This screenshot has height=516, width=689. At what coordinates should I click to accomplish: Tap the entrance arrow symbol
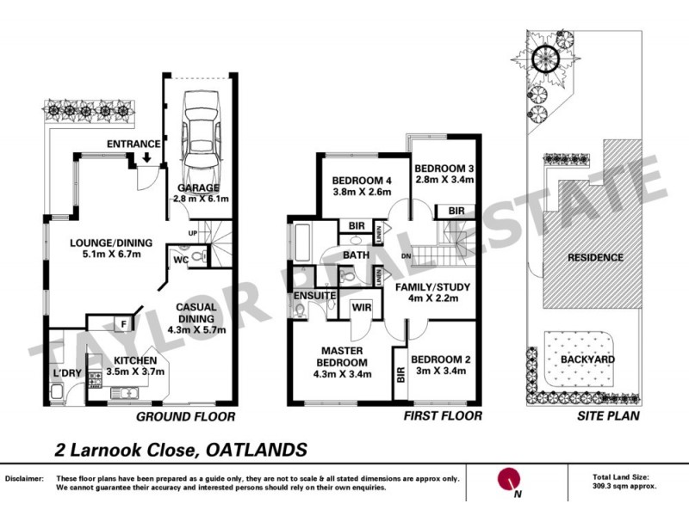tap(148, 158)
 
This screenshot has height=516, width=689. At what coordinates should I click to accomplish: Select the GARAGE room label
tap(198, 187)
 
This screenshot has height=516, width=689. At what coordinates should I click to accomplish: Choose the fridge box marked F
tap(125, 323)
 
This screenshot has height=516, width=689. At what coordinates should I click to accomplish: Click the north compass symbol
tap(510, 479)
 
